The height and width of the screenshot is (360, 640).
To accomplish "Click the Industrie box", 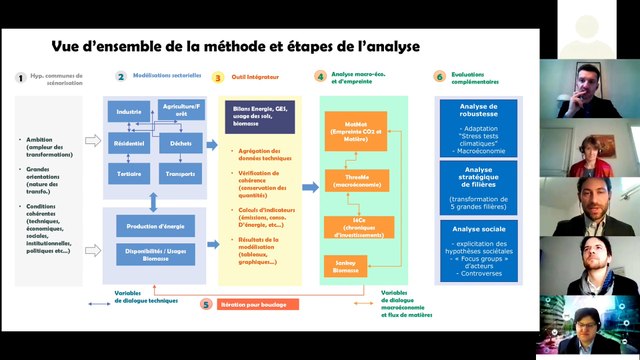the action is click(128, 112).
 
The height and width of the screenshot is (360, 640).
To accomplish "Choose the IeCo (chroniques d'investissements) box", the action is click(345, 228).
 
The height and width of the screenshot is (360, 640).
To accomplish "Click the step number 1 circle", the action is click(20, 76).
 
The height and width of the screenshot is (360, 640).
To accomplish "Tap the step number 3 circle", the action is click(217, 76).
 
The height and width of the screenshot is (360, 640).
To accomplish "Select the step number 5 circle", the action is click(206, 303).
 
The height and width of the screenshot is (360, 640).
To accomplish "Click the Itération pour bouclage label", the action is click(258, 303).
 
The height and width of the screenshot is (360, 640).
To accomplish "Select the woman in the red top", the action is click(590, 150).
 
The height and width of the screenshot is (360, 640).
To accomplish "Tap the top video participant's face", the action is click(589, 78).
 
